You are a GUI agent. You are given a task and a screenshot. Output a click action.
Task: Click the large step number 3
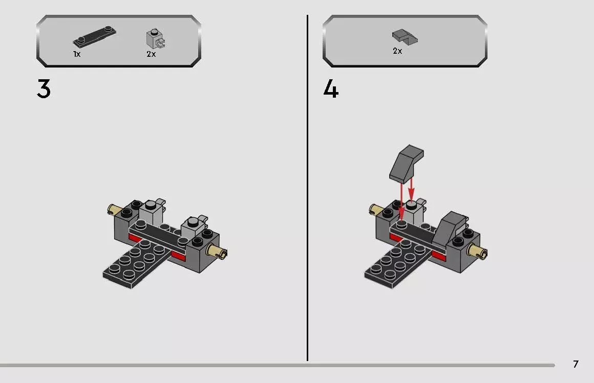point(44,89)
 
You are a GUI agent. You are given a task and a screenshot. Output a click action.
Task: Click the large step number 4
point(331,89)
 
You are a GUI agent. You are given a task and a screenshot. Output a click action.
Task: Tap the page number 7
point(576,364)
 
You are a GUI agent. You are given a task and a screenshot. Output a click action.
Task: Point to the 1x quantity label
point(77,54)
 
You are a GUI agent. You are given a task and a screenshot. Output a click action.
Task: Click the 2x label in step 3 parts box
point(151,54)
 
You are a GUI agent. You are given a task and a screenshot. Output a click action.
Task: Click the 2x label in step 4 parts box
point(397,51)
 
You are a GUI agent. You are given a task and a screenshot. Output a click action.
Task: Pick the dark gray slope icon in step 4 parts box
point(405,36)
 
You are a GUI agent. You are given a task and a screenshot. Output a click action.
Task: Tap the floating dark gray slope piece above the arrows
point(408,163)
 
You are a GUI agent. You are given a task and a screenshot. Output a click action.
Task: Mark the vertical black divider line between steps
point(307,189)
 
